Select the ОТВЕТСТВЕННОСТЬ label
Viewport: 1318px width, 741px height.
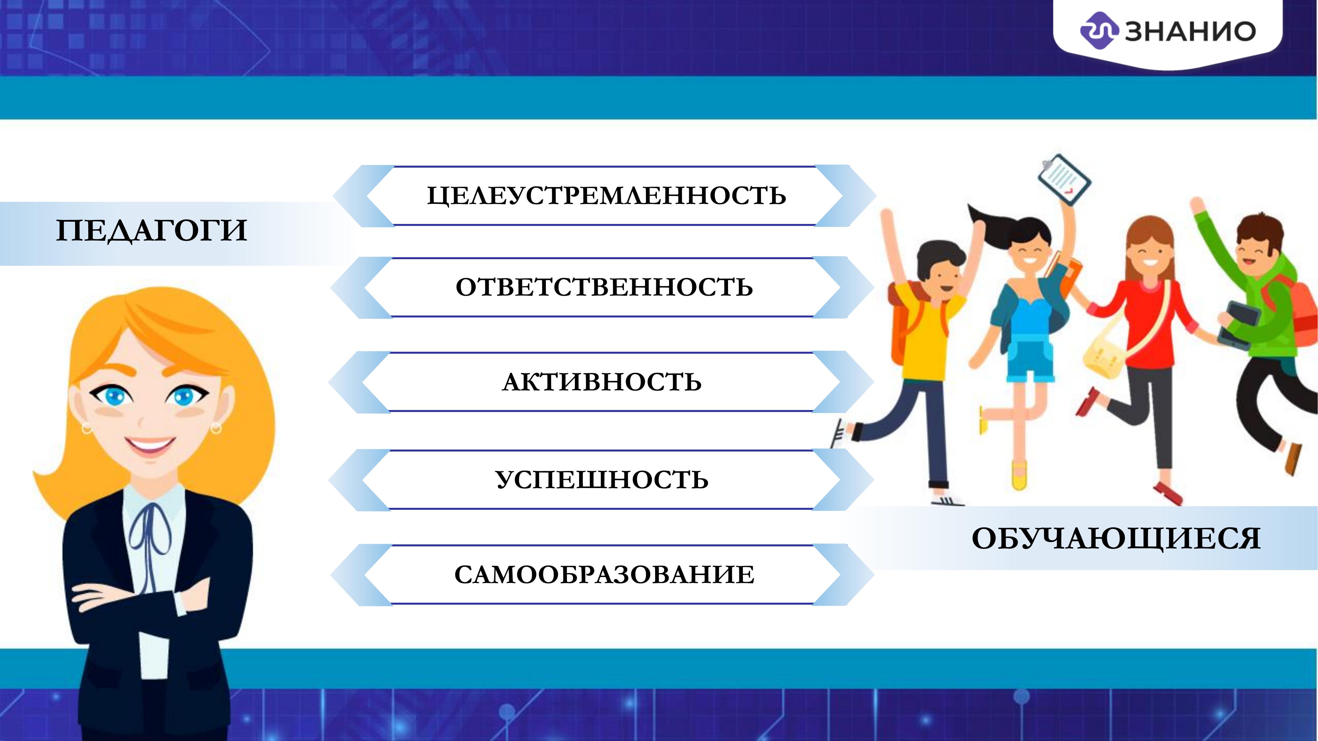pyautogui.click(x=604, y=288)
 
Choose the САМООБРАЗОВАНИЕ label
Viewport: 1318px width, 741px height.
pyautogui.click(x=604, y=575)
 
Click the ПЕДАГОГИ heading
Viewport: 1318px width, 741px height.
pyautogui.click(x=152, y=231)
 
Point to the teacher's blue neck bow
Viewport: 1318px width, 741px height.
pyautogui.click(x=150, y=542)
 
